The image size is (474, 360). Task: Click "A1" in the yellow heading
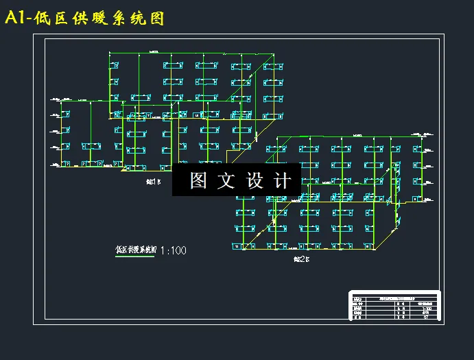coord(15,18)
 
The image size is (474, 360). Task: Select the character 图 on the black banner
coord(198,180)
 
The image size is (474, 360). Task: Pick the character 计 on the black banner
coord(282,180)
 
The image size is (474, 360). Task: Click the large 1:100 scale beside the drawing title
coord(172,250)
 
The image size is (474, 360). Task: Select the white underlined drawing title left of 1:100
coord(136,250)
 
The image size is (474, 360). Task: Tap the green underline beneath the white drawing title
coord(136,256)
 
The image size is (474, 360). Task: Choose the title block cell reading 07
coord(426,316)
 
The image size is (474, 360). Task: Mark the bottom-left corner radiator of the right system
coord(239,245)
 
